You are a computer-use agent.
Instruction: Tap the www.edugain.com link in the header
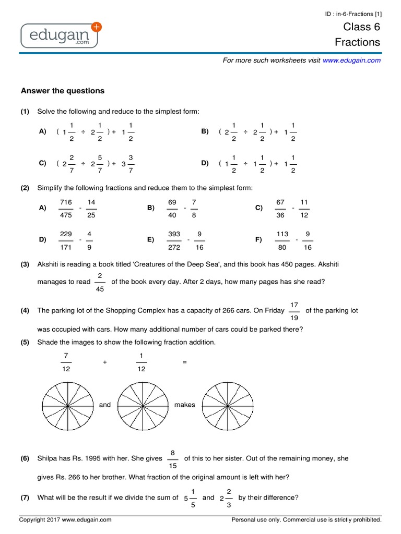point(351,60)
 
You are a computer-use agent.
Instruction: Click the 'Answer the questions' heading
point(63,91)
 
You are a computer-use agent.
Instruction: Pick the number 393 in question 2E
point(174,234)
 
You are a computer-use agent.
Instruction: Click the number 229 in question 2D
point(66,234)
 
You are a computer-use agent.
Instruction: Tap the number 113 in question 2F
point(282,234)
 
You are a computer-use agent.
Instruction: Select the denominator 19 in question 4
point(294,318)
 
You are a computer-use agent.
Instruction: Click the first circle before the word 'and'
point(68,405)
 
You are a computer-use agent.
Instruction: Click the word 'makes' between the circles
point(184,405)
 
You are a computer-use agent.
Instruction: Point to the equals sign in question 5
point(184,361)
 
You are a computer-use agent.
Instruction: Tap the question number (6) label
point(25,458)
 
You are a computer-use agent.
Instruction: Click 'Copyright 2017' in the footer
point(40,519)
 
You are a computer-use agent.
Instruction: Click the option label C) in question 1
point(43,163)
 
